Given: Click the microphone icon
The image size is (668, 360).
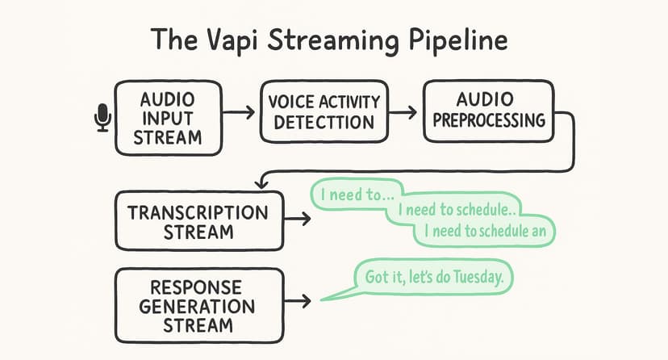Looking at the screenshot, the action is coord(102,117).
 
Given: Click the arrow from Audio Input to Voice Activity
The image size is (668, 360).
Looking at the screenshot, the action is coord(239,112).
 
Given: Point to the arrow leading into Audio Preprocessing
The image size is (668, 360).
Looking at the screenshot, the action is coord(403,112).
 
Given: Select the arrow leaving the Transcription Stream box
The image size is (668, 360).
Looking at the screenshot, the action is coord(298,219).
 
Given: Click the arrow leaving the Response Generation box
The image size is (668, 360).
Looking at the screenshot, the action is coord(298,301).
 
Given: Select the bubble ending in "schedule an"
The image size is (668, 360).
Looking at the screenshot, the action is coord(485,231).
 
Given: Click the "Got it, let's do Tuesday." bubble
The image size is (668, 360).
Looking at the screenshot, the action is coord(435,278).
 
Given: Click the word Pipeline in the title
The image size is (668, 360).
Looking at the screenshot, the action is coord(458,40).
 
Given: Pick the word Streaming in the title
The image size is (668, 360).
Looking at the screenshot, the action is coord(333,40).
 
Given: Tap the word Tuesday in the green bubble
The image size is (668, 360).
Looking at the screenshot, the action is coord(478,277).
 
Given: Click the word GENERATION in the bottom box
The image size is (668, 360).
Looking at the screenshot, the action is coord(197,306).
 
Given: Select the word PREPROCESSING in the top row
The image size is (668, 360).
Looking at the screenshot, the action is coord(489,119).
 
